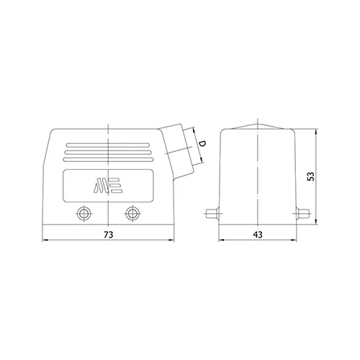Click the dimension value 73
click(108, 235)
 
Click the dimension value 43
click(258, 235)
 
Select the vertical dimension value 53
click(311, 176)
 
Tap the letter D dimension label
click(203, 143)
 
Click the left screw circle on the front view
click(84, 213)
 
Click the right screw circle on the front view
click(132, 213)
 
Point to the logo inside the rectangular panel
click(108, 185)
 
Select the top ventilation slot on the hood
click(108, 145)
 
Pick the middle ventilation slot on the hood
click(108, 153)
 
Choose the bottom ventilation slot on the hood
click(108, 160)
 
